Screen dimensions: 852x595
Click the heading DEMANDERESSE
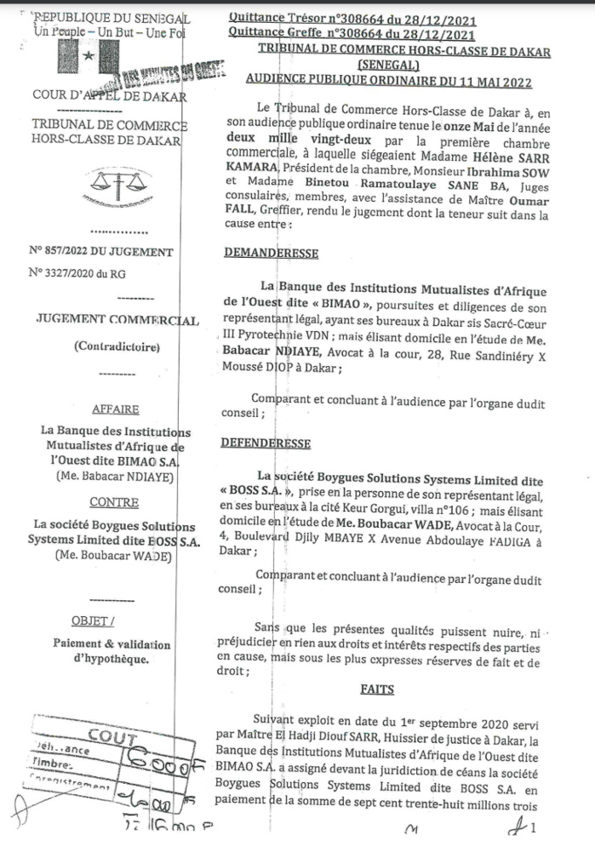pos(270,254)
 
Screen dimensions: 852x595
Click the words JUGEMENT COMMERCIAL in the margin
pos(117,319)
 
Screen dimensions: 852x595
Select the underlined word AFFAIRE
pos(113,408)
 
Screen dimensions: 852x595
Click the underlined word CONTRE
pos(113,502)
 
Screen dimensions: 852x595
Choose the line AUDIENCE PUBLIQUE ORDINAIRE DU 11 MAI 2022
pos(388,82)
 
